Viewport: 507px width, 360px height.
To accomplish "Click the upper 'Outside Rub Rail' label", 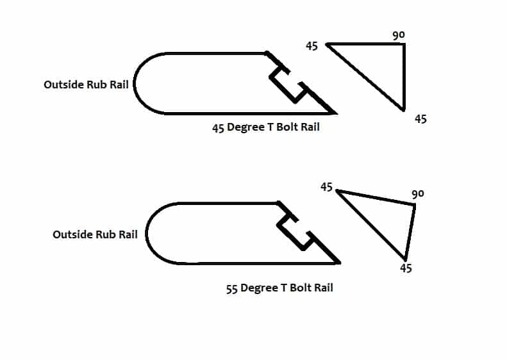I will [x=86, y=84].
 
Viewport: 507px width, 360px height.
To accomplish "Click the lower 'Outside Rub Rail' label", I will [x=95, y=234].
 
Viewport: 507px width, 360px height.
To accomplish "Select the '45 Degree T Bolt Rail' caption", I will [x=266, y=127].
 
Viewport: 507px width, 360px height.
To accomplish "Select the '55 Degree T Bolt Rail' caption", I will [x=279, y=288].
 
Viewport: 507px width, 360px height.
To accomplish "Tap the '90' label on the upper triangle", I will [x=399, y=35].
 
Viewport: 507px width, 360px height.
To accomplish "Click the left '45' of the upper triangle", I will [x=312, y=46].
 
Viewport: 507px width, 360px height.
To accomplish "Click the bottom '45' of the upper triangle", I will [x=420, y=119].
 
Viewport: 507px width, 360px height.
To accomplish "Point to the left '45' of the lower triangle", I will [x=326, y=187].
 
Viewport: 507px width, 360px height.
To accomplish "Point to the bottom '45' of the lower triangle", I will [x=405, y=268].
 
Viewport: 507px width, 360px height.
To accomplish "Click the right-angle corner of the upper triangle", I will [x=404, y=44].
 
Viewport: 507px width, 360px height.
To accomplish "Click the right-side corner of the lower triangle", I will [x=414, y=205].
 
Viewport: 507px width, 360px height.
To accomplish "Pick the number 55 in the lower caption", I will [x=232, y=289].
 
